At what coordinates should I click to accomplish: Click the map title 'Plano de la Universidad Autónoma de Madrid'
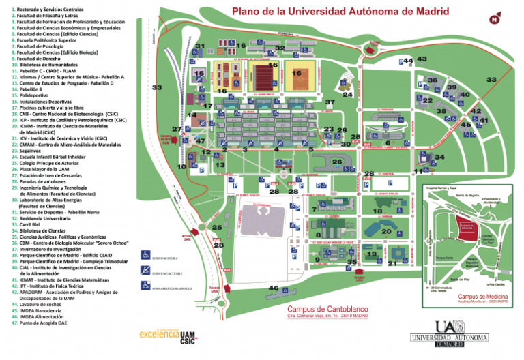(x=340, y=12)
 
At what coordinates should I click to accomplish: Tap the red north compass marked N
(x=494, y=19)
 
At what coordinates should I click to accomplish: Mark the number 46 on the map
(x=274, y=288)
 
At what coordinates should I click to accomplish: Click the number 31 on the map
(x=200, y=46)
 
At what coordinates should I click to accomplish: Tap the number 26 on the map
(x=336, y=162)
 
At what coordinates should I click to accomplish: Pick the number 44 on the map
(x=408, y=61)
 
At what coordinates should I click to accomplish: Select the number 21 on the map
(x=392, y=262)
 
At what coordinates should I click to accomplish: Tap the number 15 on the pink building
(x=199, y=74)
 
